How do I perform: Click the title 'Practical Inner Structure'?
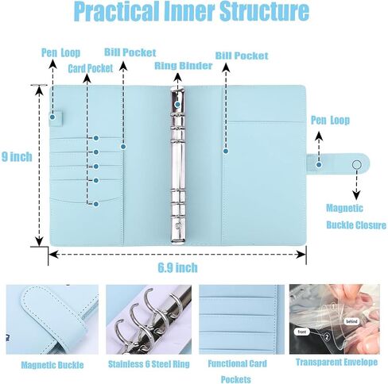tap(192, 11)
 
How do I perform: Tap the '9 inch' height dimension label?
tap(17, 157)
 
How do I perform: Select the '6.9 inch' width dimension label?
tap(178, 267)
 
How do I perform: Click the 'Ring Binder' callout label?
tap(184, 66)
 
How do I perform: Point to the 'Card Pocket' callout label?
tap(91, 69)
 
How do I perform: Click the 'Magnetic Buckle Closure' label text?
tap(356, 217)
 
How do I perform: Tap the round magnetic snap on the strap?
tap(357, 164)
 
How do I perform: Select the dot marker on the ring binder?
tap(177, 105)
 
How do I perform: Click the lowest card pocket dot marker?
tap(96, 204)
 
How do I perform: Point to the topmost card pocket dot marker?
tap(96, 138)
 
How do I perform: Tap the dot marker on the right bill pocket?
tap(226, 151)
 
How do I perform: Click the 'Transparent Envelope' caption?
tap(336, 362)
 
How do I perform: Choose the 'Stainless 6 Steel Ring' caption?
tap(149, 364)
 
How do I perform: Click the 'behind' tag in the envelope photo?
tap(351, 321)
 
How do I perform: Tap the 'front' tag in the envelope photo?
tap(301, 332)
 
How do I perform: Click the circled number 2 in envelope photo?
tap(327, 337)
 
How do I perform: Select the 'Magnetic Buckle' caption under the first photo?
tap(52, 365)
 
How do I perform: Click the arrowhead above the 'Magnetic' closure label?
tap(357, 196)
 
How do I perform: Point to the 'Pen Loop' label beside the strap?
tap(330, 121)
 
